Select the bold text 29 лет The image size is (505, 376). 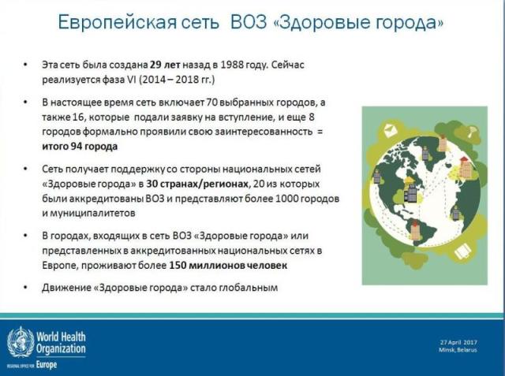165,65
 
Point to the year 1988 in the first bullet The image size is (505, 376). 232,65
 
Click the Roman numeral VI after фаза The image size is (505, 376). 131,80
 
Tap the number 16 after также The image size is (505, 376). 78,117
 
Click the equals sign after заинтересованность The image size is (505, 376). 319,132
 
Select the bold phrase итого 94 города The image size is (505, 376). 80,147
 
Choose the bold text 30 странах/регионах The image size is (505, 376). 197,184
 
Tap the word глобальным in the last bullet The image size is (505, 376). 249,288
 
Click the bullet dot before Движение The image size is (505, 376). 25,288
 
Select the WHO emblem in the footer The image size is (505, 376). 21,342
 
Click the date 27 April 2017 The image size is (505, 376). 458,342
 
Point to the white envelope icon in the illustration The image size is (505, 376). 391,130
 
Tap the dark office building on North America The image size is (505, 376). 412,192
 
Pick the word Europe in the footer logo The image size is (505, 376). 47,365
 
